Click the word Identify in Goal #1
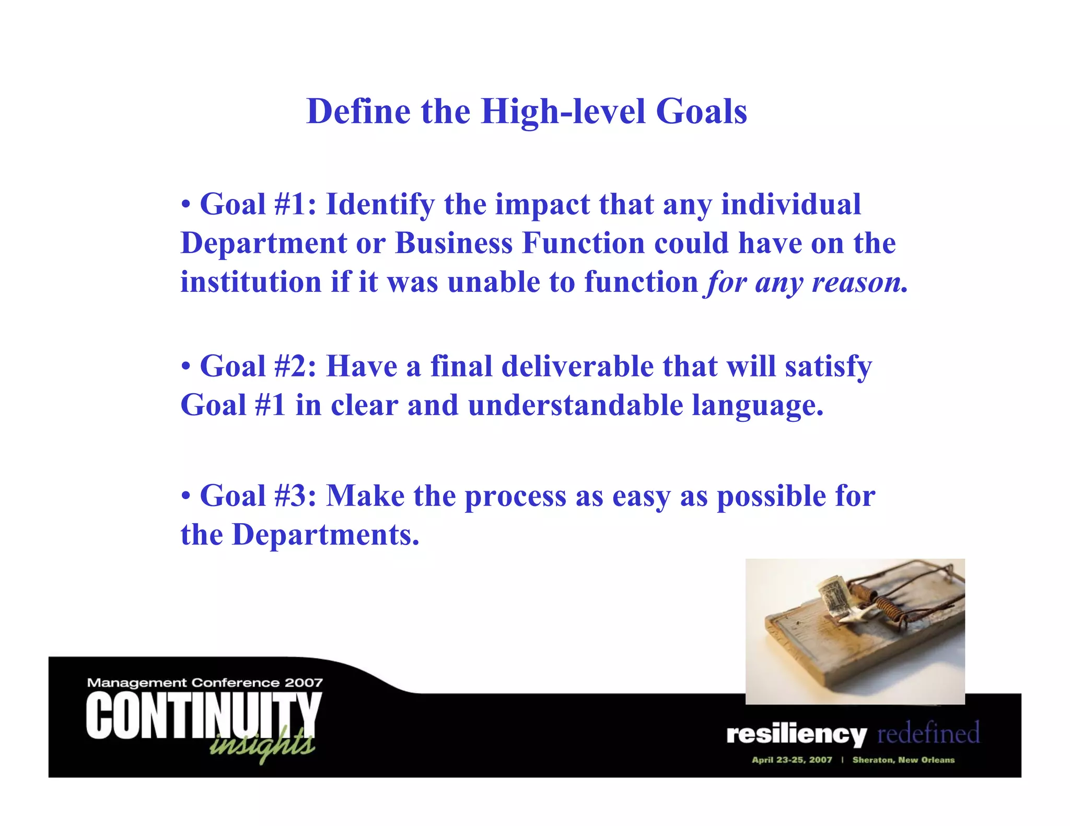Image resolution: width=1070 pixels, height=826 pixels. point(380,204)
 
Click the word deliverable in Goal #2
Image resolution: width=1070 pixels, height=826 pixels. point(577,366)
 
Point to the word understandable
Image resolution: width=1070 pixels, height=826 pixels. point(575,405)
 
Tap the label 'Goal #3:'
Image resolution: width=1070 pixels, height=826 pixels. point(258,495)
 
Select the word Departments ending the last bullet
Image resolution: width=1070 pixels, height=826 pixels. point(325,535)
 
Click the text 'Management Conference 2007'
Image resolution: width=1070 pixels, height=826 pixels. point(205,682)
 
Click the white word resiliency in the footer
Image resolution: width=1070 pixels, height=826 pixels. point(796,735)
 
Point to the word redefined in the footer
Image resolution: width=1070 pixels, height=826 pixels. point(928,733)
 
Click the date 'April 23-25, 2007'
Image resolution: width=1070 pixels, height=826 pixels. point(792,760)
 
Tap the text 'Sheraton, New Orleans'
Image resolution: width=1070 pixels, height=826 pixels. point(903,760)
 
